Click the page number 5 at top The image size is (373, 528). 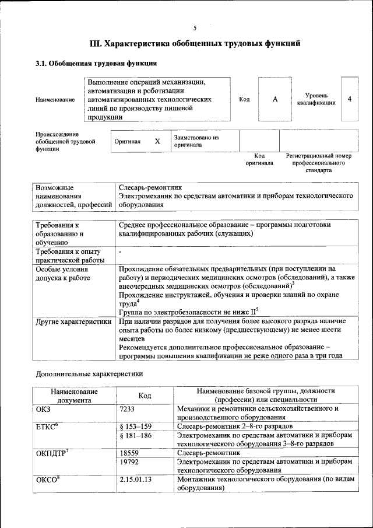point(195,27)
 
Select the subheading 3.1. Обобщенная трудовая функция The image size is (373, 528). point(96,63)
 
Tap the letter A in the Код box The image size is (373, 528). point(275,99)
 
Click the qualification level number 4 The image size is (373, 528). point(349,99)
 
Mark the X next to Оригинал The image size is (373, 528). point(157,141)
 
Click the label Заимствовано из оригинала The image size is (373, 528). point(195,141)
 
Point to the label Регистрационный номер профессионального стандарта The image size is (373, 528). point(318,163)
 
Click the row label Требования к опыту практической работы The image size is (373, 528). point(70,256)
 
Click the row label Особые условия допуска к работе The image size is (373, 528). point(63,274)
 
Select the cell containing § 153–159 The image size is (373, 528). point(135,426)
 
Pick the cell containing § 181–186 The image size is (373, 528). point(135,435)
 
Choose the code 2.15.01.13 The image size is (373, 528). point(135,479)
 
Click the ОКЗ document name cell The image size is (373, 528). point(44,409)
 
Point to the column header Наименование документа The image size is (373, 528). point(73,396)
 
